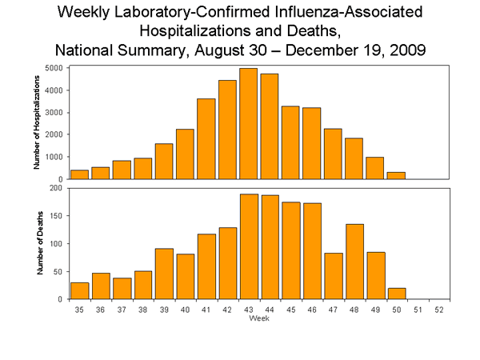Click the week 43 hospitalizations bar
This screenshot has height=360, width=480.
click(x=248, y=124)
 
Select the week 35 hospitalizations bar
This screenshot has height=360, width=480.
click(x=79, y=174)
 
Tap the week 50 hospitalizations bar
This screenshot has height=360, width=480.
click(x=396, y=175)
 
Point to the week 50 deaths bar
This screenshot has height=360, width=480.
click(x=396, y=294)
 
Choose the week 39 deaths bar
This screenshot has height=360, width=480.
click(x=164, y=274)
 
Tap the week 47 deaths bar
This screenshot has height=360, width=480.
click(x=333, y=276)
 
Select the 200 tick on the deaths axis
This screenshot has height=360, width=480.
click(x=58, y=188)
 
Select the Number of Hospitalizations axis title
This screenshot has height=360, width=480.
click(x=37, y=122)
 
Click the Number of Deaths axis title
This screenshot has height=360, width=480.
click(x=37, y=243)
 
